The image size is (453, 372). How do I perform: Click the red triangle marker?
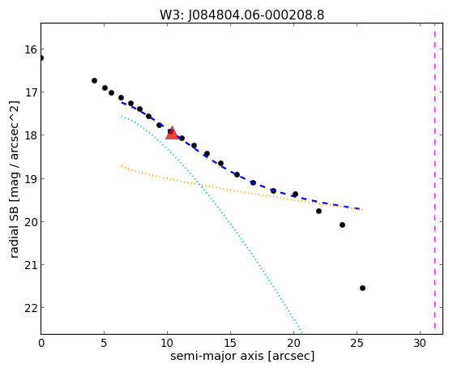tap(172, 133)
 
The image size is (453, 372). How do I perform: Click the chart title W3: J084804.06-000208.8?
tap(241, 15)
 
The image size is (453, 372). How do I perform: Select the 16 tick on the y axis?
tap(31, 49)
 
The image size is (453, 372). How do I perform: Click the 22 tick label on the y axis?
tap(31, 308)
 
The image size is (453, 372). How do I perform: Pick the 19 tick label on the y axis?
tap(31, 179)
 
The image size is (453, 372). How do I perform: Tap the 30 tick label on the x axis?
tap(420, 343)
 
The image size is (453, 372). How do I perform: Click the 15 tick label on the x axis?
tap(230, 343)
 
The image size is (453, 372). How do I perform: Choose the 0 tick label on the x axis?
tap(41, 343)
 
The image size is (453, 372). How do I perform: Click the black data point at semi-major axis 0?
tap(41, 58)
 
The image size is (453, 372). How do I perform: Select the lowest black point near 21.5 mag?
tap(362, 288)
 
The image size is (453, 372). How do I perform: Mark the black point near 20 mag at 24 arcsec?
tap(342, 224)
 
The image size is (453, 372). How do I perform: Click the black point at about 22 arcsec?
tap(318, 212)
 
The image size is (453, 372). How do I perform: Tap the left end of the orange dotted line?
tap(122, 166)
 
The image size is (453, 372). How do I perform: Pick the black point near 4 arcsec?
tap(94, 81)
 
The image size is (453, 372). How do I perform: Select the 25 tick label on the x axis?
tap(357, 343)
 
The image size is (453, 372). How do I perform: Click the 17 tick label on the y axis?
tap(31, 92)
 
